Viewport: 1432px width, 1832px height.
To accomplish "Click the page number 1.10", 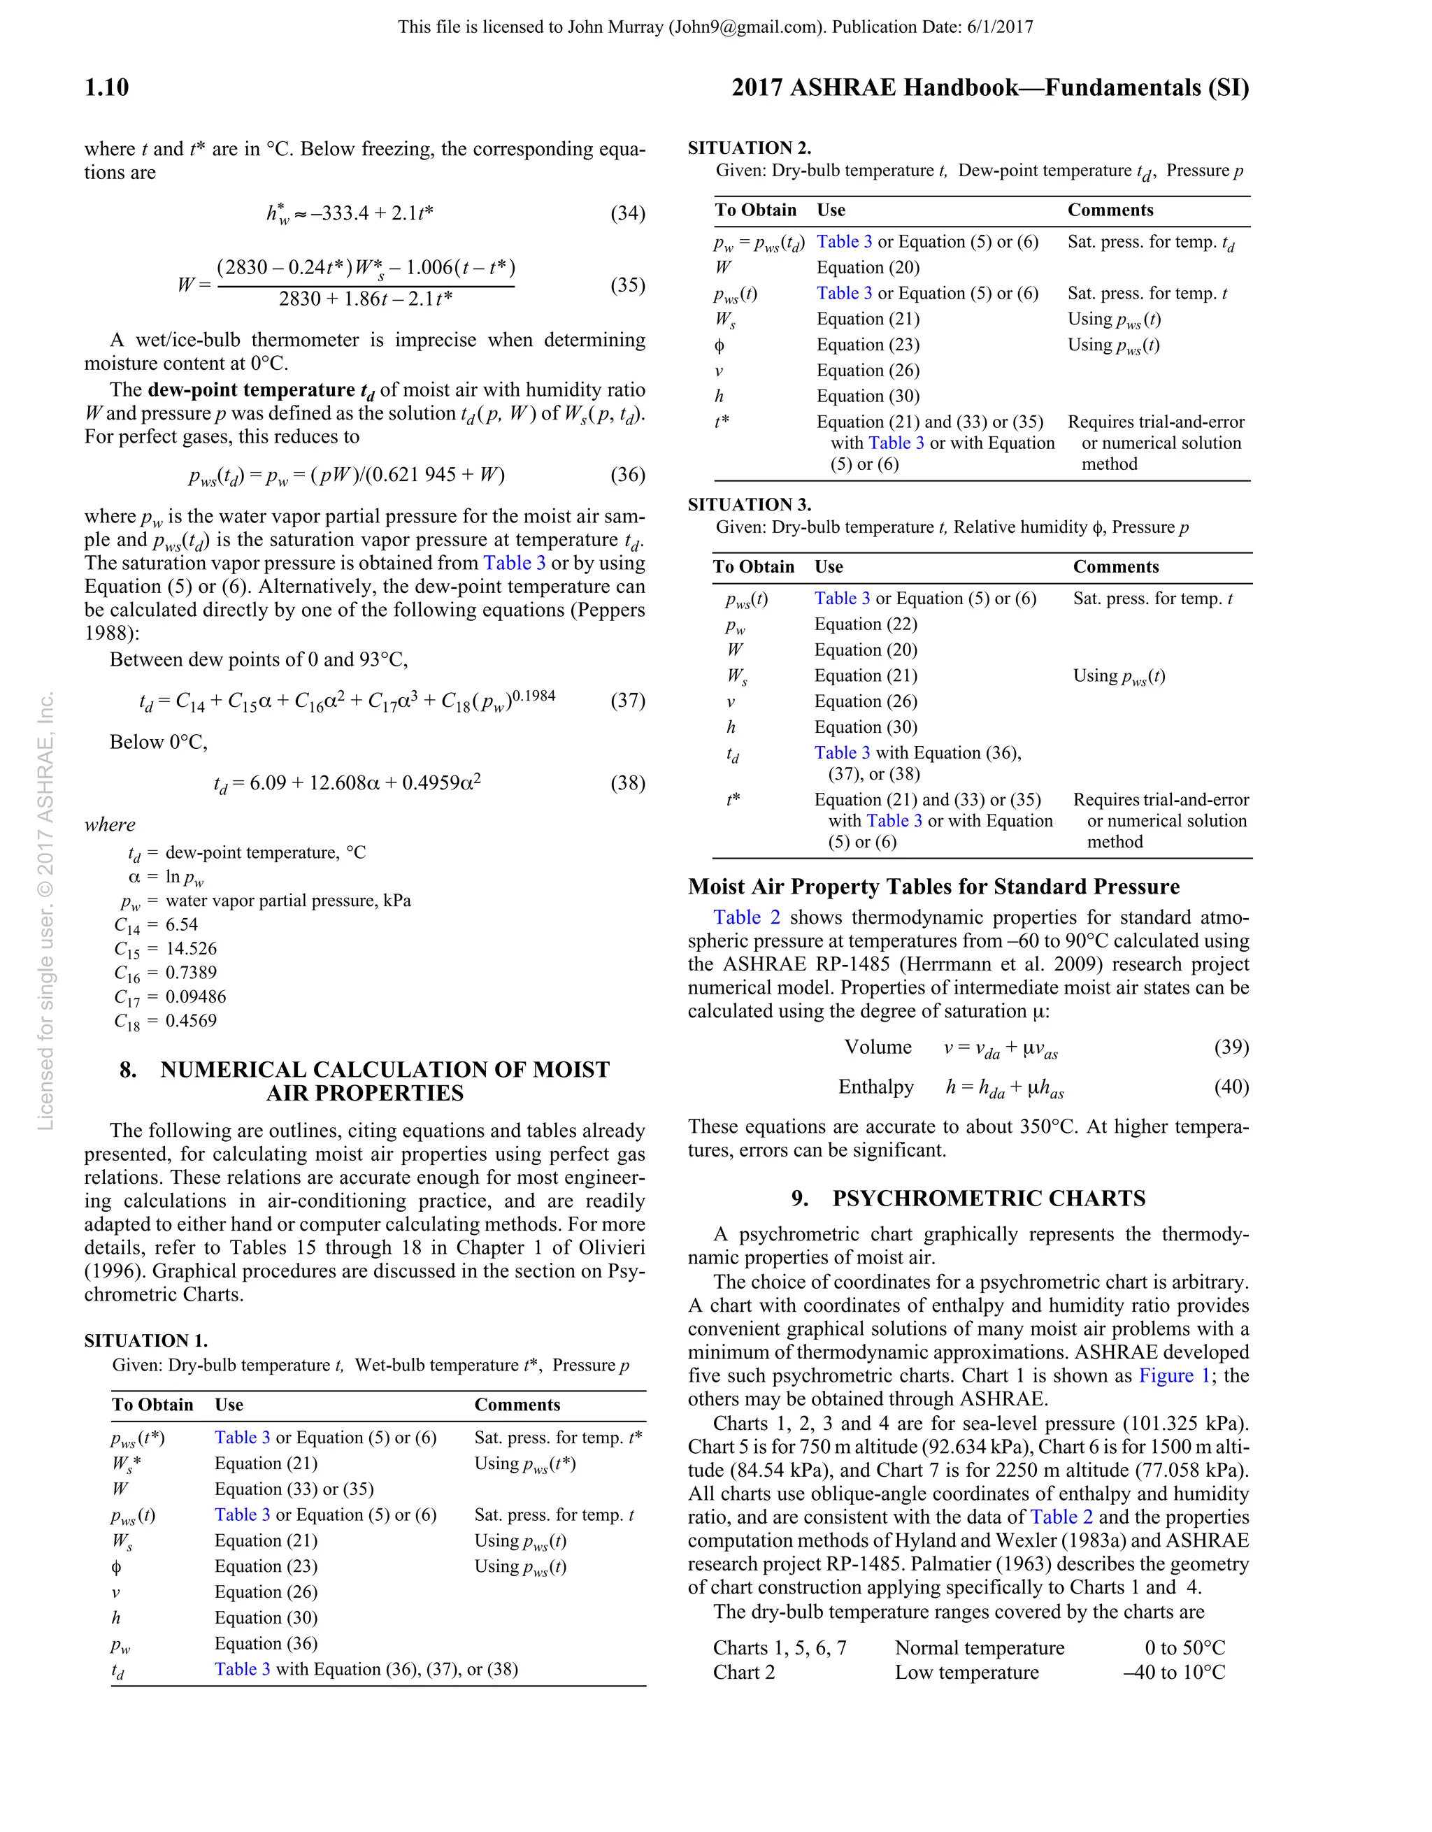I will point(106,88).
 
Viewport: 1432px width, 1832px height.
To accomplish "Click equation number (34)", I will point(627,213).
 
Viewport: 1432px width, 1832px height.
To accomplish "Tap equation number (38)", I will point(627,782).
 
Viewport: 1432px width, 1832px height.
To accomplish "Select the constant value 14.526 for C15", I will point(192,949).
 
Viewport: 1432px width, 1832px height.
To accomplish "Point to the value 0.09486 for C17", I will point(196,996).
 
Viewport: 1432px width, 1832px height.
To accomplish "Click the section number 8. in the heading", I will point(127,1070).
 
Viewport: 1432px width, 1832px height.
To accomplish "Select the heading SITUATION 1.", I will point(146,1340).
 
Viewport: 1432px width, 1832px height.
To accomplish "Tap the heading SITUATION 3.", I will point(749,505).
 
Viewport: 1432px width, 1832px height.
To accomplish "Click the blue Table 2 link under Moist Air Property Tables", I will point(747,917).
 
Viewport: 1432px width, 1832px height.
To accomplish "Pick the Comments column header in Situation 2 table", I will point(1110,210).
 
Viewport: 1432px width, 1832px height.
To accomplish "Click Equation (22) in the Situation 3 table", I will point(866,624).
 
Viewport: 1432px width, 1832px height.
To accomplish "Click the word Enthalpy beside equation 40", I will point(876,1087).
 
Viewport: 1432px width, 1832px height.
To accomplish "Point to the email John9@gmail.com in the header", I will point(747,27).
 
